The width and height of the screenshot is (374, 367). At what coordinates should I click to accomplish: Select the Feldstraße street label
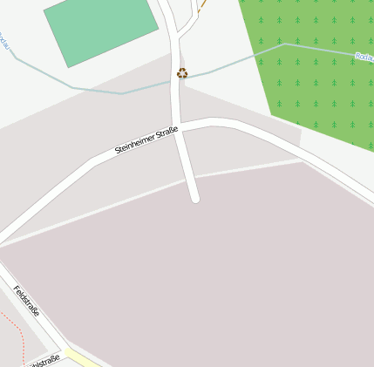pos(27,301)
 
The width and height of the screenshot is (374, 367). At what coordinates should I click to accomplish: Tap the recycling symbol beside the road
pos(181,73)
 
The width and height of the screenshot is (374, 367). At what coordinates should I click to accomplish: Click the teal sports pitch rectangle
pos(101,30)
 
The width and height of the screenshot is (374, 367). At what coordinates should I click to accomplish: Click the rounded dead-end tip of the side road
pos(195,198)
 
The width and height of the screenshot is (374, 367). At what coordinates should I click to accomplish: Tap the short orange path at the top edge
pos(202,7)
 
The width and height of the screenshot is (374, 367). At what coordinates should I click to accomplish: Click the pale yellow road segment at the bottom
pos(83,359)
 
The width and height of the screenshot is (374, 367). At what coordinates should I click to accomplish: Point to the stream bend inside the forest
pos(284,44)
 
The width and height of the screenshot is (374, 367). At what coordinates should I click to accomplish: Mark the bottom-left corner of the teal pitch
pos(67,66)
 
